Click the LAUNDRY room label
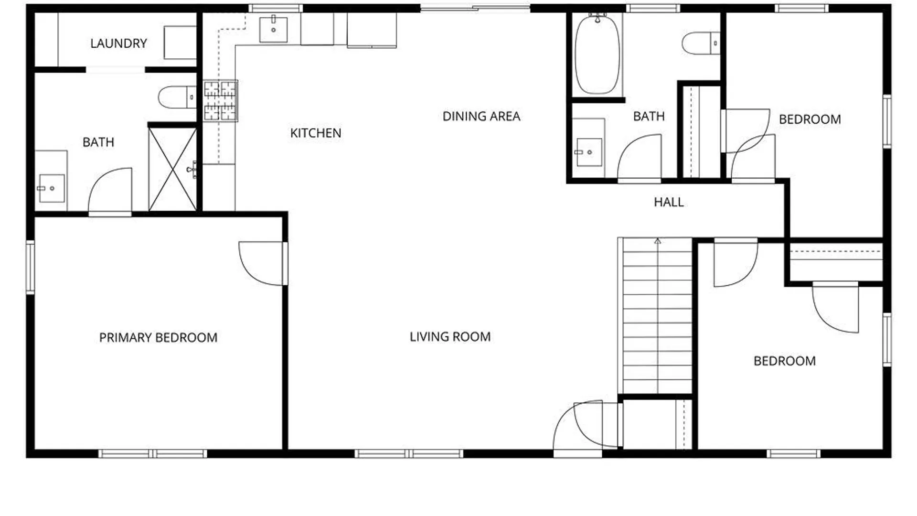118,43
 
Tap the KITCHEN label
316,133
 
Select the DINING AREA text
481,116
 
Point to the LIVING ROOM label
450,337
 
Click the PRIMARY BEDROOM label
158,338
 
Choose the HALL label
668,202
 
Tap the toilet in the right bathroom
700,43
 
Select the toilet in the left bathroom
176,97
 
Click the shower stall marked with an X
172,169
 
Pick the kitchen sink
273,30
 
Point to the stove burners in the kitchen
220,101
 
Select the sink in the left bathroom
51,188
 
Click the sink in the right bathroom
588,152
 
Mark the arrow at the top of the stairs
658,242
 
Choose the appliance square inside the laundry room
180,43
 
